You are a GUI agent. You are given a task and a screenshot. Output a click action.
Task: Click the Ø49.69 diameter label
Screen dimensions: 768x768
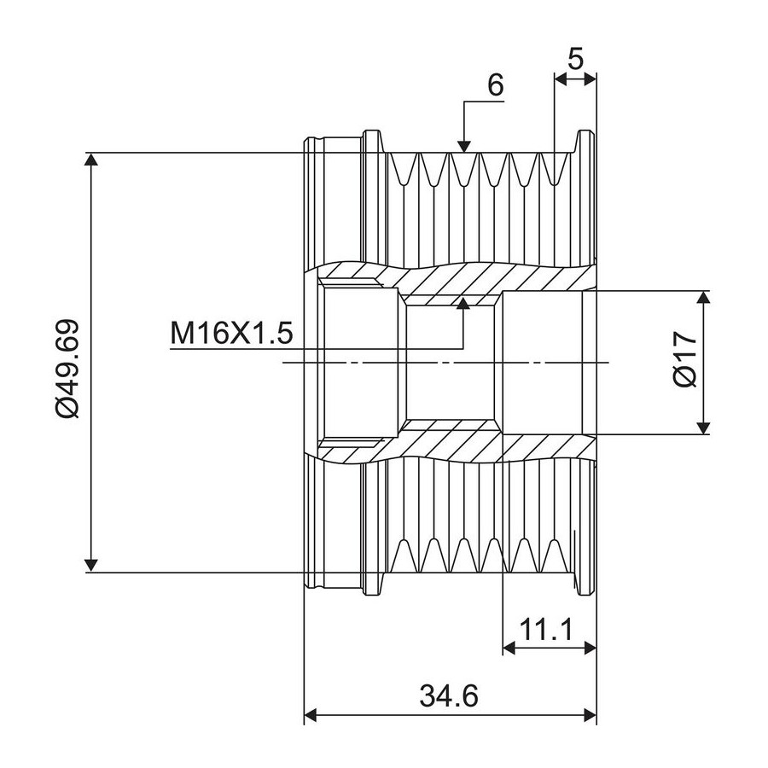[67, 368]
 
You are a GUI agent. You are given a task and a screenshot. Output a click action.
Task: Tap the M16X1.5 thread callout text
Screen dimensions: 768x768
[231, 333]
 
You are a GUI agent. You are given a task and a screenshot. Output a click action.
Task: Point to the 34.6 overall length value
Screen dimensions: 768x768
[448, 695]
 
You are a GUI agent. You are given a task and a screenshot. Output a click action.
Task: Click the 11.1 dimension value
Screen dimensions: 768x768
[546, 630]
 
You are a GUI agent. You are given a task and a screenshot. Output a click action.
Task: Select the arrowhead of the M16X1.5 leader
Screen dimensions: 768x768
[463, 304]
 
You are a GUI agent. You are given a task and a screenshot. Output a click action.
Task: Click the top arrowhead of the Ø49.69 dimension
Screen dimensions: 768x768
[91, 160]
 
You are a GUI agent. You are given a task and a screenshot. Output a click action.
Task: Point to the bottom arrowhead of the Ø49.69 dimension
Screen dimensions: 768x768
[91, 564]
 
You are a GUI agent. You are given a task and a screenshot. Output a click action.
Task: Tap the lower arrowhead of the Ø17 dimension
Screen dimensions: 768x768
[704, 427]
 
